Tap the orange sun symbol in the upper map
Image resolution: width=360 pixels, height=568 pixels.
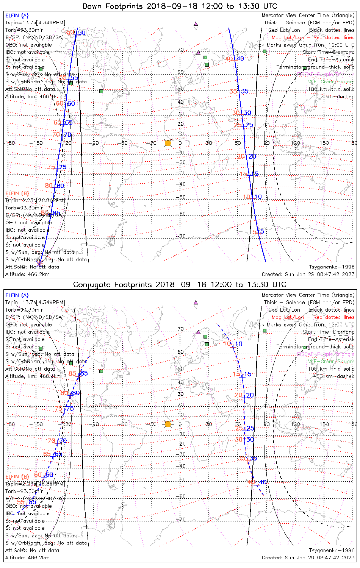click(x=168, y=143)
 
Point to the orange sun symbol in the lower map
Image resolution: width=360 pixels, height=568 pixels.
click(x=168, y=424)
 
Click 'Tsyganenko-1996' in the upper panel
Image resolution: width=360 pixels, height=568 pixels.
click(x=332, y=267)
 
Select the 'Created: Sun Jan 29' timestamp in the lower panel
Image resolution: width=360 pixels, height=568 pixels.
click(x=308, y=558)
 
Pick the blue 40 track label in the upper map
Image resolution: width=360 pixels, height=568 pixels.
click(x=241, y=59)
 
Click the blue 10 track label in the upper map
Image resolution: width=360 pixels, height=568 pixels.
click(x=258, y=197)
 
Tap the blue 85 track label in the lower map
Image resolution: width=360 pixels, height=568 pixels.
click(x=84, y=373)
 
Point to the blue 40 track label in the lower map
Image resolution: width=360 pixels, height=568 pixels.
click(x=263, y=482)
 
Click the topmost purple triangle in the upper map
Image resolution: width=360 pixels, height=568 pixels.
click(x=196, y=23)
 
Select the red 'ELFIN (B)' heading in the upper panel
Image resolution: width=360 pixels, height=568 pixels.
click(x=17, y=193)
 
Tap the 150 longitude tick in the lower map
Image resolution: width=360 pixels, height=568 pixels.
click(x=324, y=424)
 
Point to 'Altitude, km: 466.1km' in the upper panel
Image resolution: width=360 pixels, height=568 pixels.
click(x=33, y=97)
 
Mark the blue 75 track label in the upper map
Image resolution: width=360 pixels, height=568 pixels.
click(x=63, y=167)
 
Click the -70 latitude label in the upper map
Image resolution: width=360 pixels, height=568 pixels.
click(x=182, y=236)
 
